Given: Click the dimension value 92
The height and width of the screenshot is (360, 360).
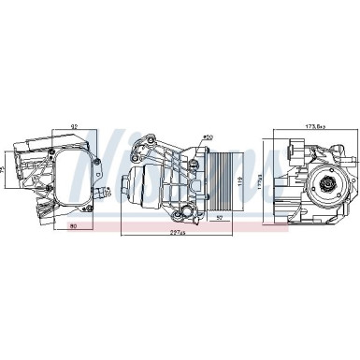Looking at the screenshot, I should [73, 126].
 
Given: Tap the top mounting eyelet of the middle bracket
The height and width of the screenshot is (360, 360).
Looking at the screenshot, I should [146, 142].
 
